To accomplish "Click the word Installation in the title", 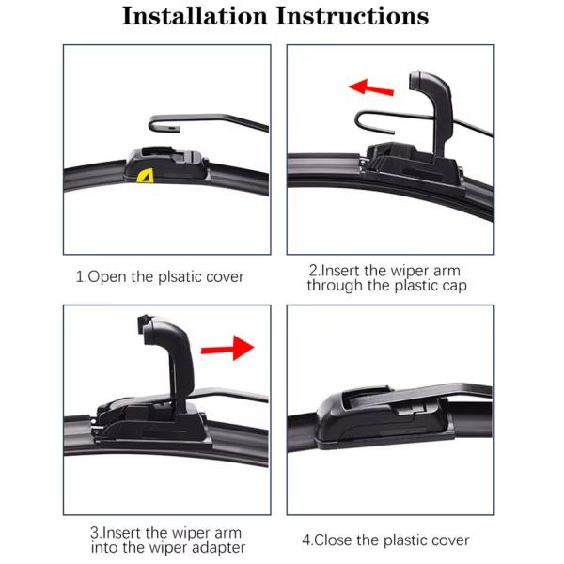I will [x=194, y=16].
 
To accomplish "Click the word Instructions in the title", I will [x=352, y=16].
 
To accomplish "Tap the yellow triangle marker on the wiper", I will [x=144, y=175].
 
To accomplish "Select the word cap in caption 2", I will [x=450, y=285].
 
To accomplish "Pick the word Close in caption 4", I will [x=341, y=540].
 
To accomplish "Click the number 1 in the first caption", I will [x=79, y=277].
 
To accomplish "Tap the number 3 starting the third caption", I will [x=93, y=532].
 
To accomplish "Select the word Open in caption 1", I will [x=106, y=277].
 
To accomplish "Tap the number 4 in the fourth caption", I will [x=305, y=540].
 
